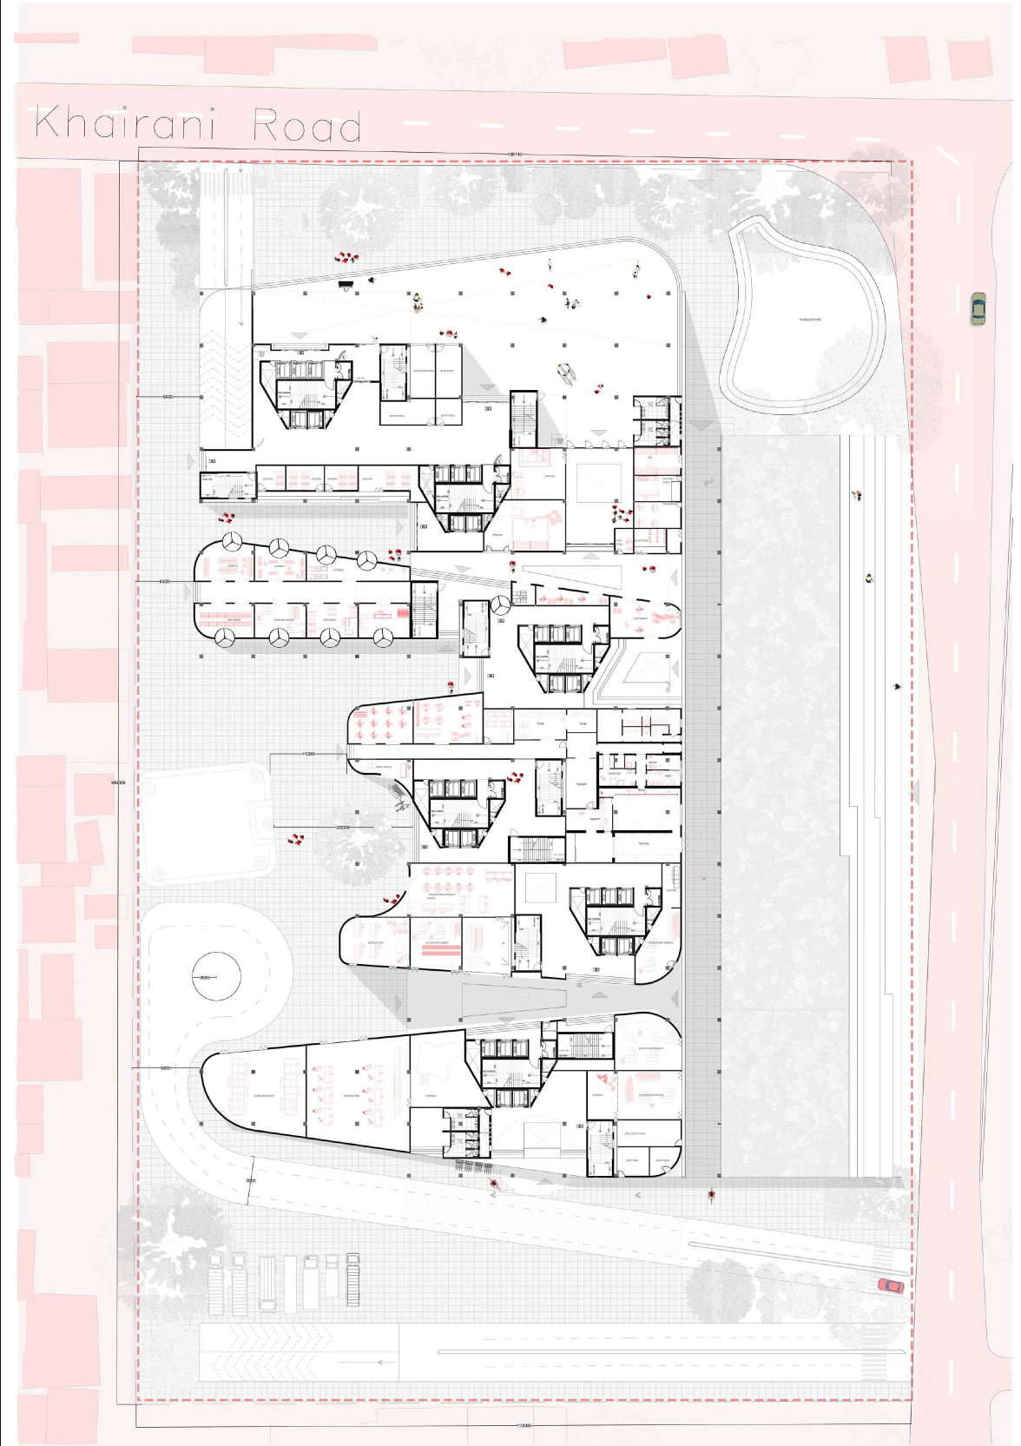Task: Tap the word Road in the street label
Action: (x=306, y=127)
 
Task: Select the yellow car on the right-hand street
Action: (x=978, y=309)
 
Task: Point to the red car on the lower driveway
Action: (x=891, y=1285)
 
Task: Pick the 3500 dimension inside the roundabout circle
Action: (x=205, y=978)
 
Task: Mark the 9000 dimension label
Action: (x=168, y=396)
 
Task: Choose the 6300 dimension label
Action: (x=165, y=580)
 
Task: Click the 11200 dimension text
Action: (x=308, y=754)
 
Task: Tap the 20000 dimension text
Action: (x=342, y=828)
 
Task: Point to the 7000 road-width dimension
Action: (x=250, y=1181)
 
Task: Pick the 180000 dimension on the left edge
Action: (x=119, y=782)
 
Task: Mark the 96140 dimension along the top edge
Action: (x=514, y=154)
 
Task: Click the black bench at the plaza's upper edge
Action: (x=346, y=282)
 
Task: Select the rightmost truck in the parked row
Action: (x=353, y=1278)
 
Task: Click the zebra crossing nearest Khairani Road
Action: (x=227, y=182)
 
